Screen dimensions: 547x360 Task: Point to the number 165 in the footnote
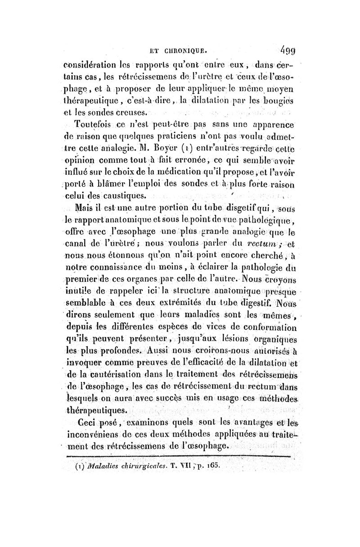pos(213,460)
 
